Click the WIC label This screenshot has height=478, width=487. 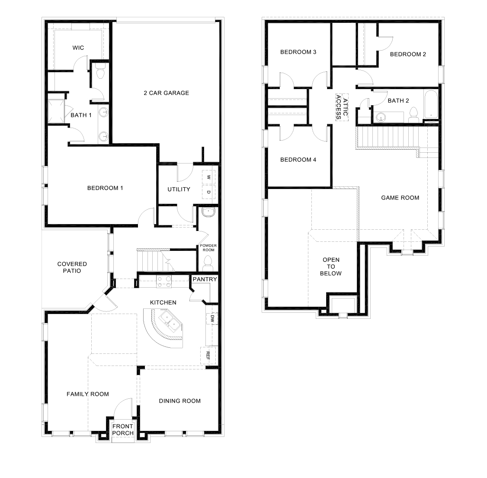[x=78, y=48]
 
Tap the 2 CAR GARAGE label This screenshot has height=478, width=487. [x=166, y=93]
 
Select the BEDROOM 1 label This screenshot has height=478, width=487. [x=105, y=188]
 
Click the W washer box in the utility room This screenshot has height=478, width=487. [x=208, y=177]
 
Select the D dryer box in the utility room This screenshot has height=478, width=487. [x=208, y=192]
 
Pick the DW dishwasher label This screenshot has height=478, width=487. [x=212, y=319]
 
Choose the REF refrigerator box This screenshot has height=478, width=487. [x=208, y=356]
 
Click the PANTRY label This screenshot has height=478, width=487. [x=205, y=279]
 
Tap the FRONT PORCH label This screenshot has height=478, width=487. [x=123, y=430]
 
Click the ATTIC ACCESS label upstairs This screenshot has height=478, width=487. [x=342, y=107]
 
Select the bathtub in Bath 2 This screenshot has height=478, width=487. [x=431, y=105]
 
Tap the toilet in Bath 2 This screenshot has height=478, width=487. [x=413, y=115]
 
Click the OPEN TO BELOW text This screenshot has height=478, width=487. [x=331, y=266]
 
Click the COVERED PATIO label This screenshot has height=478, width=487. [x=72, y=267]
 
